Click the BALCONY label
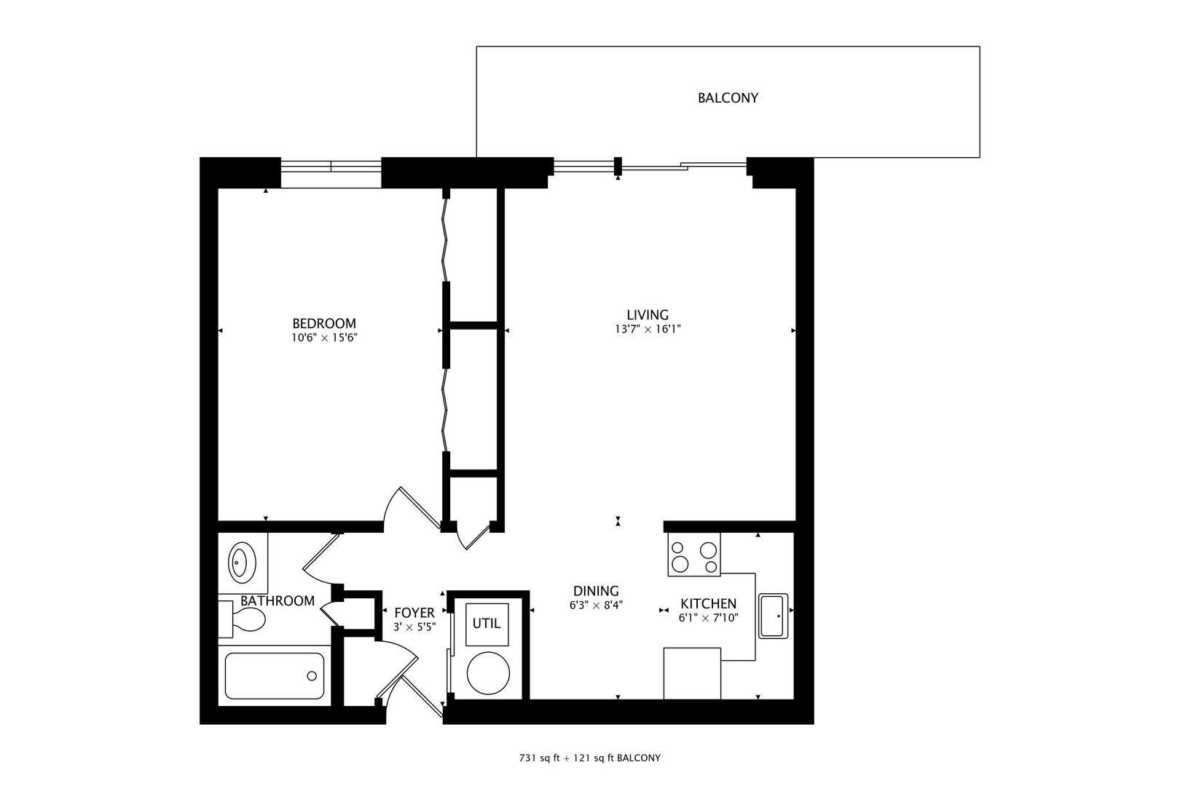[728, 98]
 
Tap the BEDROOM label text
[324, 323]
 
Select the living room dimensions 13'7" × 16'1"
[648, 329]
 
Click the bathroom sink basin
[239, 562]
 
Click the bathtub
[275, 675]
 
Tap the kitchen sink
[772, 616]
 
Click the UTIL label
[487, 623]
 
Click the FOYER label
[414, 613]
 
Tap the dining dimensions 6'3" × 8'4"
[596, 605]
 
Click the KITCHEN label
[708, 603]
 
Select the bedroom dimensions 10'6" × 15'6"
[324, 338]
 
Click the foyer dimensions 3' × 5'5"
[414, 627]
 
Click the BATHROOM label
[278, 600]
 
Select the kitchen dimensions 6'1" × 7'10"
[708, 618]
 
